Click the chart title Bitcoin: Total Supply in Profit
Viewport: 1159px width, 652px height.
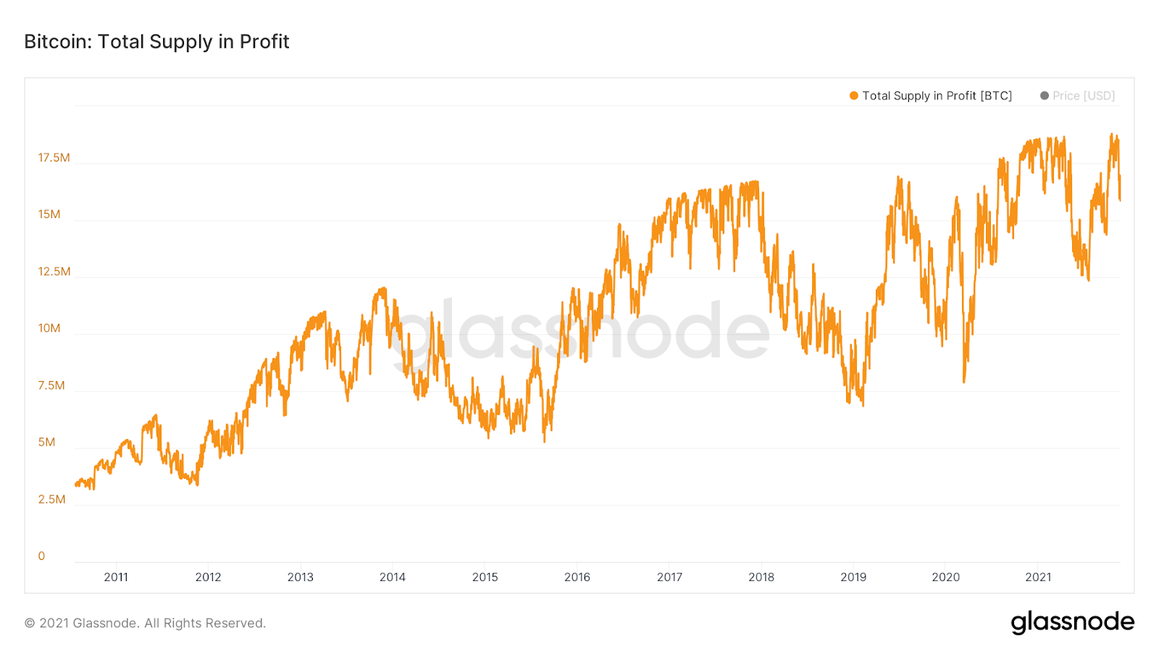click(x=156, y=42)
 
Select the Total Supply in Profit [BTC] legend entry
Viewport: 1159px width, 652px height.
click(x=937, y=96)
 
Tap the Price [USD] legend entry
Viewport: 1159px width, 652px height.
click(x=1083, y=96)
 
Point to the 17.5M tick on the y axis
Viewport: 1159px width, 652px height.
click(x=54, y=158)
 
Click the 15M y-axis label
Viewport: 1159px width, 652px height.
click(x=49, y=214)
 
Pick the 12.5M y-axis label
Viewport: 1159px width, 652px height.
click(x=54, y=272)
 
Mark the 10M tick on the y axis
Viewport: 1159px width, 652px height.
click(x=49, y=328)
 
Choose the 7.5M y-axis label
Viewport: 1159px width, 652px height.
click(x=51, y=385)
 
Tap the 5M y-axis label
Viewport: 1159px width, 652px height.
click(x=46, y=442)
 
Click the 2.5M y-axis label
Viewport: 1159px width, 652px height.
click(x=51, y=499)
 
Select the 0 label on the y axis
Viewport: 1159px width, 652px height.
click(x=41, y=556)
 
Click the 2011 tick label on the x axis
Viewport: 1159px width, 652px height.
click(x=116, y=577)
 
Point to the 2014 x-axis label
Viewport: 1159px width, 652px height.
click(x=393, y=577)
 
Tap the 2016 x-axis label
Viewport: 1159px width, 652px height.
click(x=577, y=577)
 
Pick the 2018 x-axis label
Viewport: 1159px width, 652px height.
click(x=761, y=577)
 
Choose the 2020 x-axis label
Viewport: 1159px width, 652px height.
click(x=945, y=577)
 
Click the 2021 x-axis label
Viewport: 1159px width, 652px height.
click(x=1038, y=577)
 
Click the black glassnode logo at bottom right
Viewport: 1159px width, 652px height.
click(x=1072, y=622)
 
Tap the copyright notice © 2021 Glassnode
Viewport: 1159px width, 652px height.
click(x=145, y=623)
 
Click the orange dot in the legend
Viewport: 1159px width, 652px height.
click(x=854, y=96)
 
